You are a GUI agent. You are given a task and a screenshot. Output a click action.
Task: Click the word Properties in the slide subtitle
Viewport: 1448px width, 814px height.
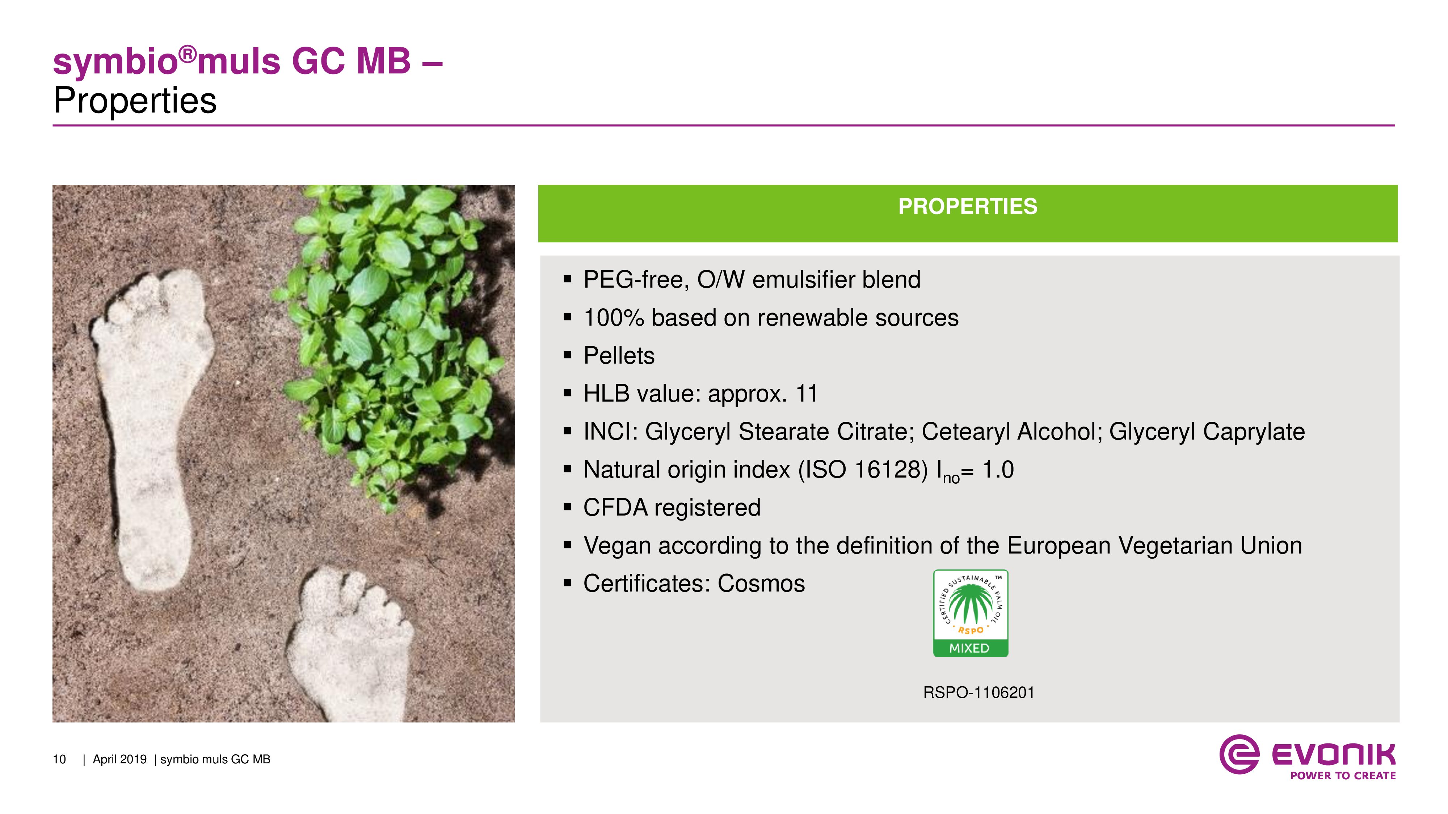(135, 101)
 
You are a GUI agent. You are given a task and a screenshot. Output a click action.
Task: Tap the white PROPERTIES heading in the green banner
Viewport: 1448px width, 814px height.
(967, 206)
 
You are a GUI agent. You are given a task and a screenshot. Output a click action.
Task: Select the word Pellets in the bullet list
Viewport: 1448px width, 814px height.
(619, 356)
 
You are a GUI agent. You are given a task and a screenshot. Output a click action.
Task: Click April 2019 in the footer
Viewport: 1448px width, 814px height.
(120, 759)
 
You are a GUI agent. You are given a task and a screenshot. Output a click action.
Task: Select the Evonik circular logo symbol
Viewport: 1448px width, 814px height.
(1239, 754)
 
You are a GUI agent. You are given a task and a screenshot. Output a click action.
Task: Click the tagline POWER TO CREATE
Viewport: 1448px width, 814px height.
(1343, 775)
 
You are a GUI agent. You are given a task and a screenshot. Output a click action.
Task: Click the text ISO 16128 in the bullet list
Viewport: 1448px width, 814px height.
(863, 470)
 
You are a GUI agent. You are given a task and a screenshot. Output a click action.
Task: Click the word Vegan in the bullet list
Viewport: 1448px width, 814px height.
(617, 546)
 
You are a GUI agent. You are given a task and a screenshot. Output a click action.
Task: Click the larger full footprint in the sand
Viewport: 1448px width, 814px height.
(152, 427)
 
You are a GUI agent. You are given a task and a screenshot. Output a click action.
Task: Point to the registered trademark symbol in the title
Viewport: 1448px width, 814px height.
(188, 55)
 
